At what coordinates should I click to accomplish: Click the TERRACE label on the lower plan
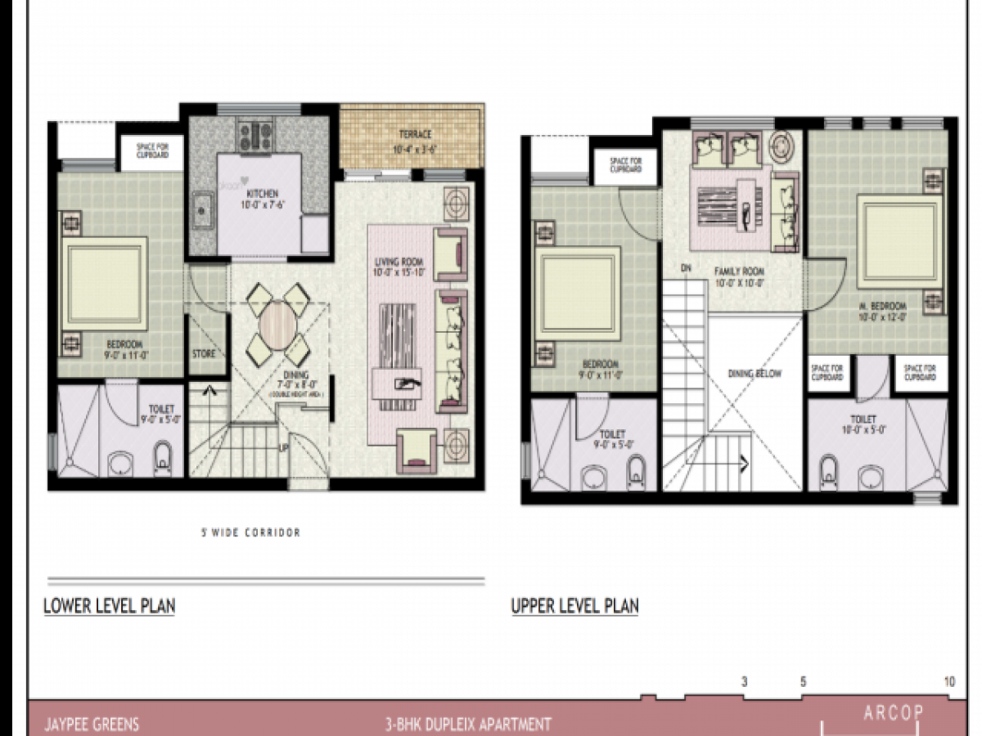[x=415, y=134]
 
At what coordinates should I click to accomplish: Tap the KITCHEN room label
[x=263, y=194]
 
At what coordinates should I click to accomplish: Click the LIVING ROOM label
[x=396, y=262]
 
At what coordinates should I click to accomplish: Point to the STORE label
[x=204, y=354]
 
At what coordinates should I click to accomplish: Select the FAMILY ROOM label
[x=738, y=272]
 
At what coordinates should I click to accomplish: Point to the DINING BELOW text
[x=755, y=374]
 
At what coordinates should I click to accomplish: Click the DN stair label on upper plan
[x=686, y=267]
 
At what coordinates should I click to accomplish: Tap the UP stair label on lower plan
[x=283, y=449]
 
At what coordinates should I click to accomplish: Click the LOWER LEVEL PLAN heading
[x=109, y=607]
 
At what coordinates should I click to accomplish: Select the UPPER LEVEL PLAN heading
[x=574, y=607]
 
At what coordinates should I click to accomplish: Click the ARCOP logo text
[x=893, y=713]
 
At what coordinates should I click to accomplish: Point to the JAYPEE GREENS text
[x=92, y=725]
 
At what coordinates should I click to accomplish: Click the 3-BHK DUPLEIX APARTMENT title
[x=467, y=725]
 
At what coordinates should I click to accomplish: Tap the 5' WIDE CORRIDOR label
[x=250, y=532]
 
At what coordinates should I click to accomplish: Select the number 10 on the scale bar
[x=949, y=681]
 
